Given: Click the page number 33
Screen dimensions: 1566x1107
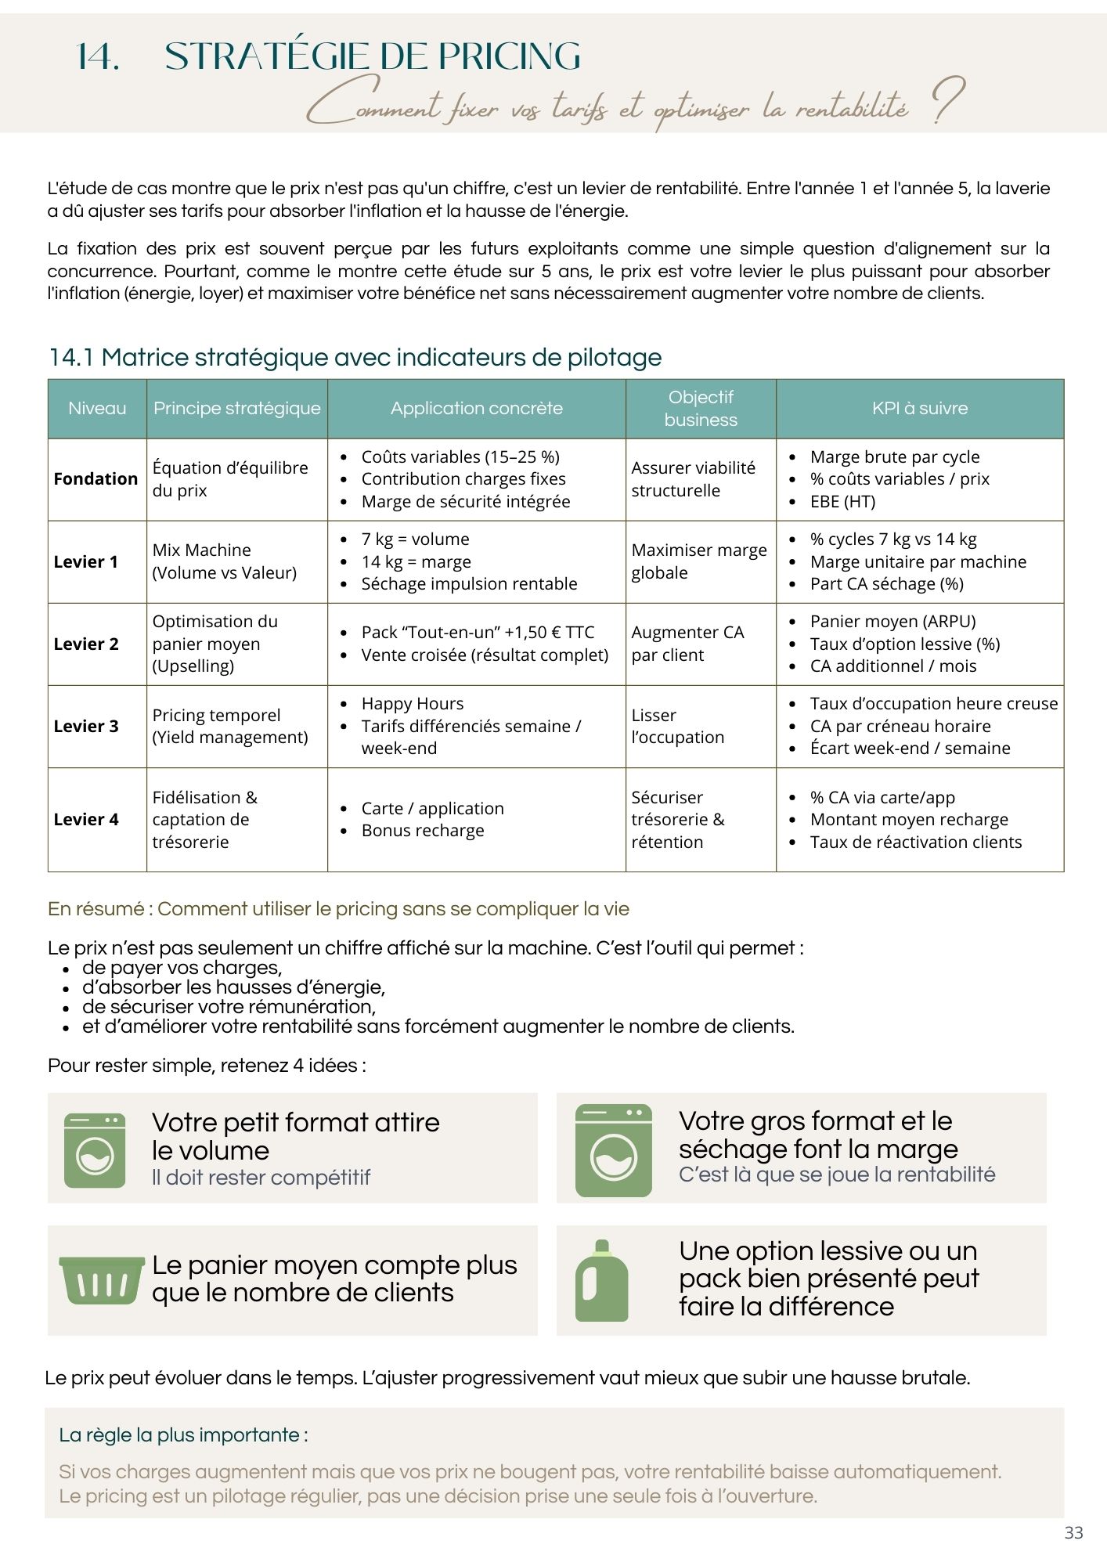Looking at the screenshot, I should tap(1073, 1532).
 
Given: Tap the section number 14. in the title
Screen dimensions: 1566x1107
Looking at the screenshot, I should tap(99, 56).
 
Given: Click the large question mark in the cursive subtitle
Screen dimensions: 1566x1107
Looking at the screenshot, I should tap(948, 101).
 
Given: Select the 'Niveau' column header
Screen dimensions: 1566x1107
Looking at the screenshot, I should tap(97, 408).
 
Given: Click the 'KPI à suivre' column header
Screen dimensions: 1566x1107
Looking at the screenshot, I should tap(919, 408).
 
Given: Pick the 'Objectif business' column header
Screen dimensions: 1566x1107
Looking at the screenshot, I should tap(701, 408).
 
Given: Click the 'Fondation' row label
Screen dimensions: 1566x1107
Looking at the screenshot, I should tap(96, 478).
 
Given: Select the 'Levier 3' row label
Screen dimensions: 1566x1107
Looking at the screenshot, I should tap(86, 726).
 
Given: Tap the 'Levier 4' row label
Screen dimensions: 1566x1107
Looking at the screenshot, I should tap(86, 819).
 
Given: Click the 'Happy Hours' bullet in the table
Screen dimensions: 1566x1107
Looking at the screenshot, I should tap(412, 703).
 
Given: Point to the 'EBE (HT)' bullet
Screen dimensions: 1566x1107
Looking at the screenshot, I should tap(842, 501).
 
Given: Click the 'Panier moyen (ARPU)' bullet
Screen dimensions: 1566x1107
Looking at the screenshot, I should tap(892, 621).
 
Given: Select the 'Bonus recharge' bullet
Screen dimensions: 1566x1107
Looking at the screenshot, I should tap(423, 830).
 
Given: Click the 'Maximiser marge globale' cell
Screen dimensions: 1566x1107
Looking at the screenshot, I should tap(699, 561).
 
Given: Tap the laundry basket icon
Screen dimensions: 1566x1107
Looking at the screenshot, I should tap(102, 1280).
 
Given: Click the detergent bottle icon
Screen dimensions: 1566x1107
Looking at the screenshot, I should tap(601, 1281).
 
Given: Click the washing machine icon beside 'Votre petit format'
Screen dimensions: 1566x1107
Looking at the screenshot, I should tap(95, 1149).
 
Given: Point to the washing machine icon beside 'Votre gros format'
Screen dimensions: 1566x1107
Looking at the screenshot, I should tap(613, 1149).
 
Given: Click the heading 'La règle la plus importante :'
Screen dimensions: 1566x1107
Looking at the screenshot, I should tap(183, 1435).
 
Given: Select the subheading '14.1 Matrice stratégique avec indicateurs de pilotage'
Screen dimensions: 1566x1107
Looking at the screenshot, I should tap(355, 357).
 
